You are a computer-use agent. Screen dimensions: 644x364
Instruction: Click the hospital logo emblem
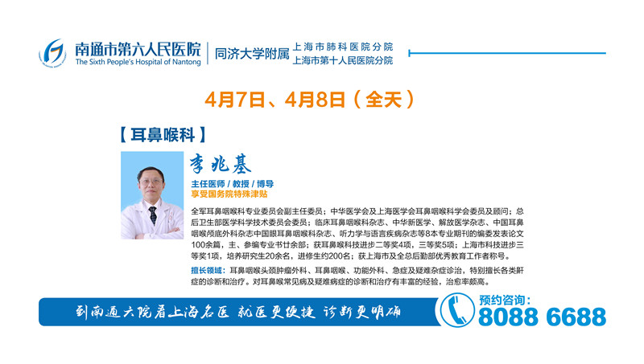pyautogui.click(x=52, y=53)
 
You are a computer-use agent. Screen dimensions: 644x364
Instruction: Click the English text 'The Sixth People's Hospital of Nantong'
pyautogui.click(x=138, y=62)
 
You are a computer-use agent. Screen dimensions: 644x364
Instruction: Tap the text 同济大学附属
pyautogui.click(x=252, y=53)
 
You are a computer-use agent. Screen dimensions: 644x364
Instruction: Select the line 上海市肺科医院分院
pyautogui.click(x=343, y=47)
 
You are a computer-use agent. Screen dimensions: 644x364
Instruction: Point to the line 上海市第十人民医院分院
pyautogui.click(x=343, y=60)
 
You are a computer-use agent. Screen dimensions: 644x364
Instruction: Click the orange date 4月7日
pyautogui.click(x=235, y=99)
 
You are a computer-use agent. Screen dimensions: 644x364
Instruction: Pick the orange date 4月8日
pyautogui.click(x=315, y=99)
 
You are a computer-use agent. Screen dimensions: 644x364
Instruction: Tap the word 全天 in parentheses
pyautogui.click(x=384, y=99)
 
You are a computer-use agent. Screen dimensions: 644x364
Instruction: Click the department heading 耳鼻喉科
pyautogui.click(x=163, y=134)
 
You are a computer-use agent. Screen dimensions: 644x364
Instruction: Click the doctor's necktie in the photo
pyautogui.click(x=153, y=215)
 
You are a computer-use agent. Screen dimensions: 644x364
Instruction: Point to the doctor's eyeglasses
pyautogui.click(x=151, y=182)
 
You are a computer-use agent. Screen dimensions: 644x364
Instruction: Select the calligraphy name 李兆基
pyautogui.click(x=221, y=164)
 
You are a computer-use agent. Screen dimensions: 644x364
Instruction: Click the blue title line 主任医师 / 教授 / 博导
pyautogui.click(x=233, y=184)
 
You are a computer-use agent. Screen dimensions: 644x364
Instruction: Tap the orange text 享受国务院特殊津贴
pyautogui.click(x=229, y=194)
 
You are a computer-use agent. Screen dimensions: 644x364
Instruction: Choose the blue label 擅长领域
pyautogui.click(x=208, y=271)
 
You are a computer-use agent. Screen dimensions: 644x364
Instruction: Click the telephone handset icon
pyautogui.click(x=456, y=310)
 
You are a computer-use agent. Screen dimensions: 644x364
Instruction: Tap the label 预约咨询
pyautogui.click(x=505, y=301)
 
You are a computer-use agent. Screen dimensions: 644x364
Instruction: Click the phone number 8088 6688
pyautogui.click(x=542, y=317)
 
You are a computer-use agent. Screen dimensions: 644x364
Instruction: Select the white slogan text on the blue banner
pyautogui.click(x=238, y=313)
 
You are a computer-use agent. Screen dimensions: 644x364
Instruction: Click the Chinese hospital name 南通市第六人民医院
pyautogui.click(x=138, y=49)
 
